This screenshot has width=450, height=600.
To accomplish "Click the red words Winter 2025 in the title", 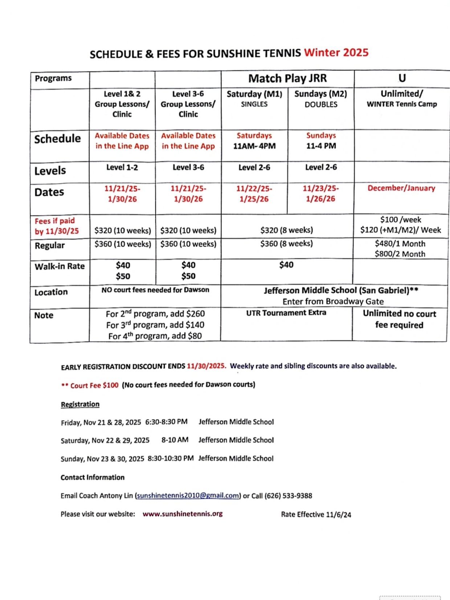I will click(336, 53).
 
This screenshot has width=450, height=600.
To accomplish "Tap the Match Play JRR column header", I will click(287, 78).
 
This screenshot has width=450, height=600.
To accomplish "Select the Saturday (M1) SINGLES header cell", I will click(254, 99).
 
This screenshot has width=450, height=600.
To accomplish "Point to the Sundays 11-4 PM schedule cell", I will click(321, 140).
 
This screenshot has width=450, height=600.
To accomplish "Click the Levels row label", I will click(50, 171).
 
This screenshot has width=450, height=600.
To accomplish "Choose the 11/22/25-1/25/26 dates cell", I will click(254, 193).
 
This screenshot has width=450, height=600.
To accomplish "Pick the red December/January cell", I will click(401, 188).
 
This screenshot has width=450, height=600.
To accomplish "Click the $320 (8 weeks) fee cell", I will click(286, 230).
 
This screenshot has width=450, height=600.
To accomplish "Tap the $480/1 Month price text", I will click(400, 244).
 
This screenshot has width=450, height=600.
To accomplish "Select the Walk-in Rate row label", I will click(60, 266).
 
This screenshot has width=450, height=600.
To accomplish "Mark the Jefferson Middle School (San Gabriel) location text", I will click(341, 290).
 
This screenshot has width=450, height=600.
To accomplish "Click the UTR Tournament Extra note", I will click(286, 313).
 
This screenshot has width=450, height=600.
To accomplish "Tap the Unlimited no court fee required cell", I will click(399, 319).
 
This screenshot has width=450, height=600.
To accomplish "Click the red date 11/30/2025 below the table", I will click(206, 366).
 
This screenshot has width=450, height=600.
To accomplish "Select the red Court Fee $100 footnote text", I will click(94, 385).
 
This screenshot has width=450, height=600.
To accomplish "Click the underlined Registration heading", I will click(80, 404).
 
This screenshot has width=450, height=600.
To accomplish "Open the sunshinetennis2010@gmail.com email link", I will click(188, 495).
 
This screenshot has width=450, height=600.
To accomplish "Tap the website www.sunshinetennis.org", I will click(183, 514).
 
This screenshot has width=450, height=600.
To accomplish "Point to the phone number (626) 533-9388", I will click(288, 495).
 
